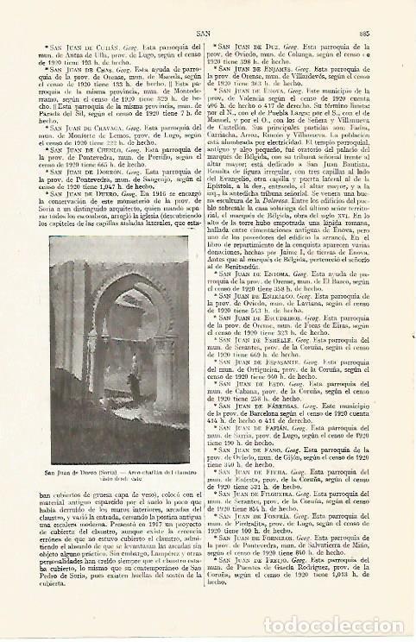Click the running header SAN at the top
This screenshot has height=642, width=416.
[x=206, y=26]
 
